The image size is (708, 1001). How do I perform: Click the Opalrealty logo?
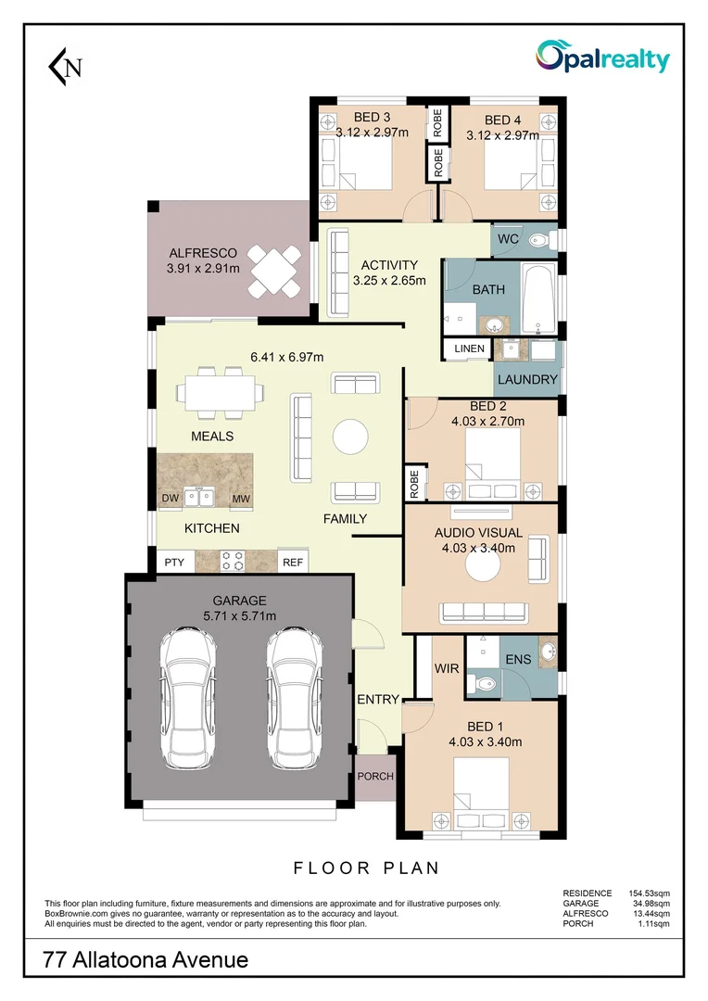[602, 58]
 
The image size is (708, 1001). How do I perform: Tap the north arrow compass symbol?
[65, 66]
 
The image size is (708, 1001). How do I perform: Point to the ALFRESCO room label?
[202, 253]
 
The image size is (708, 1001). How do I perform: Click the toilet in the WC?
[538, 240]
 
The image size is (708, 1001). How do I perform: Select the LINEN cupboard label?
[469, 348]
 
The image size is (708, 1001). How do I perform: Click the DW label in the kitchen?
[171, 500]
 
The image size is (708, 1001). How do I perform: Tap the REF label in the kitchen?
[292, 562]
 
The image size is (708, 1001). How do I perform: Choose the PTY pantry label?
[173, 562]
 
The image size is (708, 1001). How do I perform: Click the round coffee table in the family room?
[352, 437]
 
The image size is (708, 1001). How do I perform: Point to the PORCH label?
[375, 777]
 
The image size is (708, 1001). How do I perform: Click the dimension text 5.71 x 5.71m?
[239, 615]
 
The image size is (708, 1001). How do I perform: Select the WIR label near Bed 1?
[447, 667]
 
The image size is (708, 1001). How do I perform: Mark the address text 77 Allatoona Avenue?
[146, 959]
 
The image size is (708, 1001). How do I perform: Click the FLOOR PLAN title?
[366, 868]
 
